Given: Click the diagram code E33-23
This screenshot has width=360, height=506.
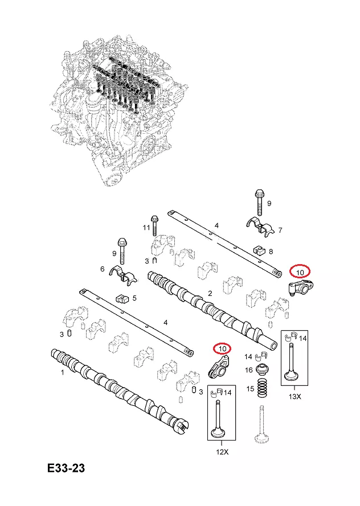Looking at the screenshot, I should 66,468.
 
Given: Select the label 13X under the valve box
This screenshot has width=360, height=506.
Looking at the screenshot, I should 294,396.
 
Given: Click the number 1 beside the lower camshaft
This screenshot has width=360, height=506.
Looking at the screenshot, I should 62,373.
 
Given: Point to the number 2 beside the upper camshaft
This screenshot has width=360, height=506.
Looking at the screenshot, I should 210,294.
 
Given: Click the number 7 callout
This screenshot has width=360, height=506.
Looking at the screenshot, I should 280,230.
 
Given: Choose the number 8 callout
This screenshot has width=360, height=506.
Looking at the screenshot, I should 271,251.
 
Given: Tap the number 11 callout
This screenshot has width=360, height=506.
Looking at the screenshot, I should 146,228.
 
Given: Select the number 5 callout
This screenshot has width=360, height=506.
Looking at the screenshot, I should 134,297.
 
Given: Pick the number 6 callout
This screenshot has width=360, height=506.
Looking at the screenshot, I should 103,269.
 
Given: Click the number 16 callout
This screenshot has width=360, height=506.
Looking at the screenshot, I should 249,371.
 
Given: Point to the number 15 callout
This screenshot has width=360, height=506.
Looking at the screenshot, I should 249,389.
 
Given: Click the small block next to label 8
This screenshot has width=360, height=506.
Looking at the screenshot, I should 259,250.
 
